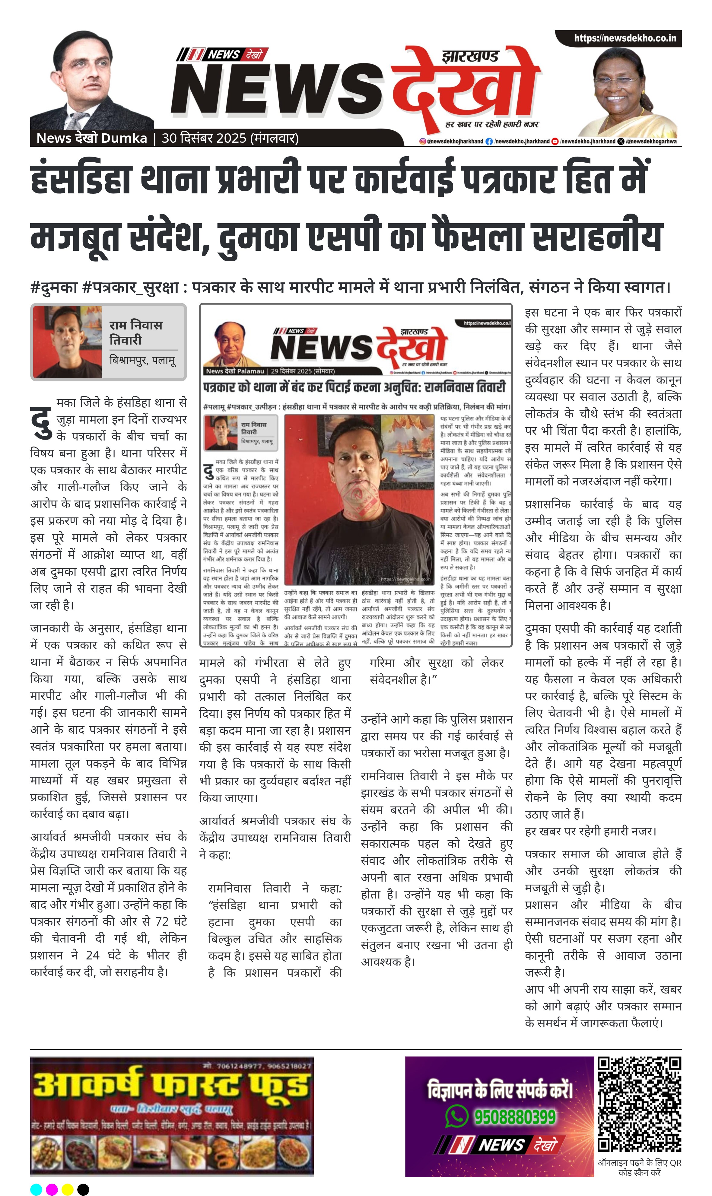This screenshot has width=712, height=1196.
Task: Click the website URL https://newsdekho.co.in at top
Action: point(625,38)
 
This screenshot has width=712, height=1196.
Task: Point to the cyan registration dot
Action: point(36,1189)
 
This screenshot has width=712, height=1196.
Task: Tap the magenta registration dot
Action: point(52,1189)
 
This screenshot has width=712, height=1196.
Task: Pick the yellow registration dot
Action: point(68,1189)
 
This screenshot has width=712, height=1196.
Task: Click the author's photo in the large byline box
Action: point(68,342)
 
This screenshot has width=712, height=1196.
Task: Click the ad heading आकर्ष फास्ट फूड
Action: point(170,1085)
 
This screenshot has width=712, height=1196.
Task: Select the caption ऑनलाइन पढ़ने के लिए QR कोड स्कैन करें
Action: point(639,1167)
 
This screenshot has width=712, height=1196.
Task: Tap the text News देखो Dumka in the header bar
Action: point(92,138)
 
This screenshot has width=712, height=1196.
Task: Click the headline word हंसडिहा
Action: point(81,179)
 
